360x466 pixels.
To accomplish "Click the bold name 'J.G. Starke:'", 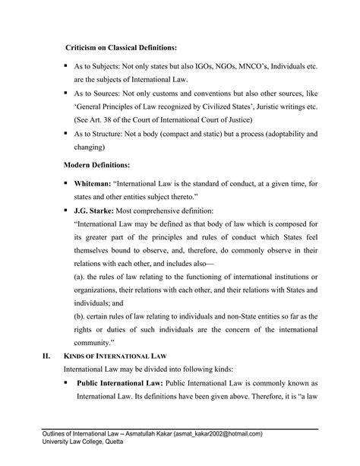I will pyautogui.click(x=96, y=211).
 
